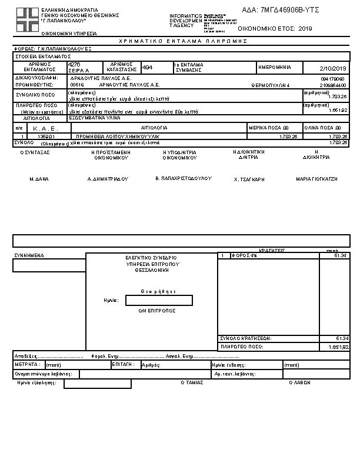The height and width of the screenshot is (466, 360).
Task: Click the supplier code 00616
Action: pyautogui.click(x=77, y=85)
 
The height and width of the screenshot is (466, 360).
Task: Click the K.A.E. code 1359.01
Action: pyautogui.click(x=46, y=137)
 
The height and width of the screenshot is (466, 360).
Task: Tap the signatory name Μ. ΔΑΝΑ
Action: pyautogui.click(x=38, y=178)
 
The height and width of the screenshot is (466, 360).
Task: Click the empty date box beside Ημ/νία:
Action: pyautogui.click(x=159, y=300)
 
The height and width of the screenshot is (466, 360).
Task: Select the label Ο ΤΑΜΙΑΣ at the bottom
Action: pyautogui.click(x=192, y=382)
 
